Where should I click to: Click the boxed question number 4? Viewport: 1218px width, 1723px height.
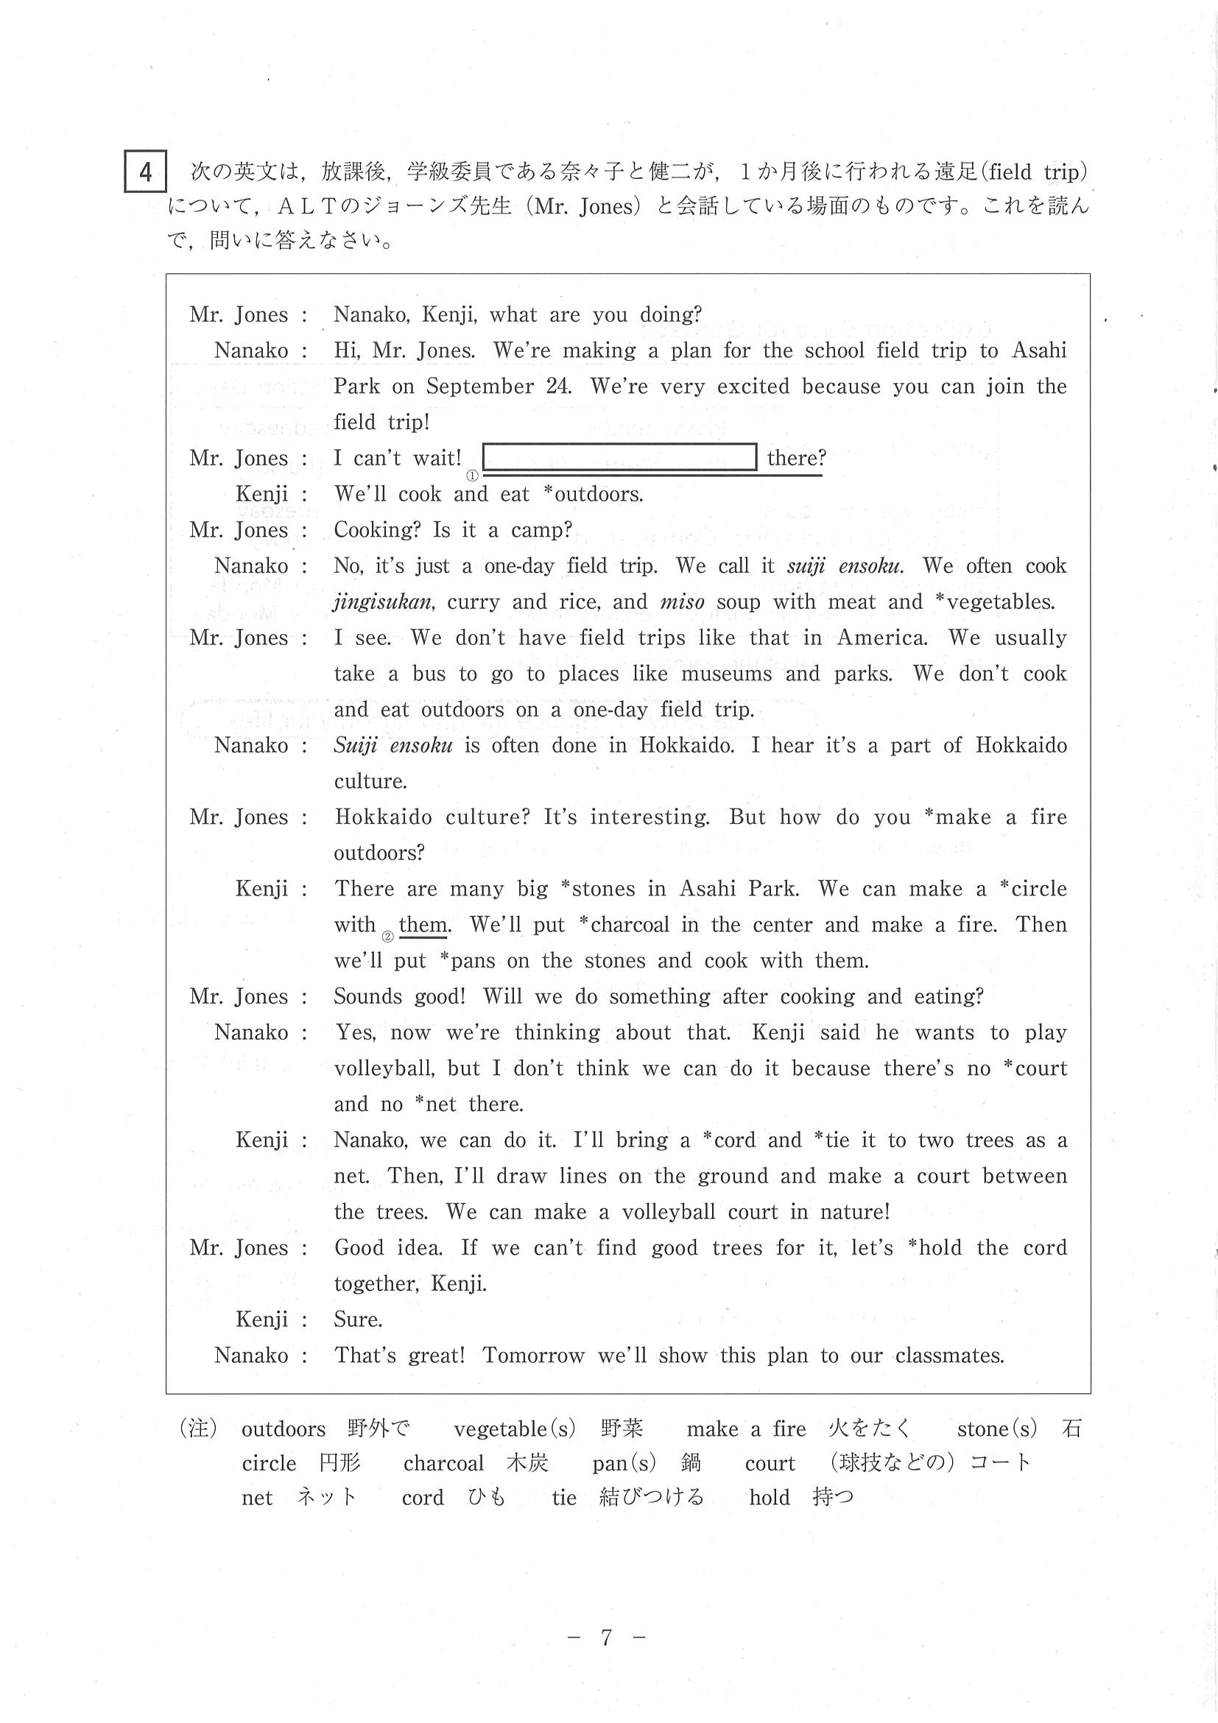145,172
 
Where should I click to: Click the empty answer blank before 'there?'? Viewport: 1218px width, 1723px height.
619,457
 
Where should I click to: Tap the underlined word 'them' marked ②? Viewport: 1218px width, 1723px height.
424,925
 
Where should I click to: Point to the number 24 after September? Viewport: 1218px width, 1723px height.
557,387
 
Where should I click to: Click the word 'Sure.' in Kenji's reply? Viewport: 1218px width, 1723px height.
358,1319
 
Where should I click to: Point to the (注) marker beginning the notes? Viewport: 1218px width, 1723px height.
197,1428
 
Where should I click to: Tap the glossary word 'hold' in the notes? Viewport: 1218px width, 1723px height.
770,1498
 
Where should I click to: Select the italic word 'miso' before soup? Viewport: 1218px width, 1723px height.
682,602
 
